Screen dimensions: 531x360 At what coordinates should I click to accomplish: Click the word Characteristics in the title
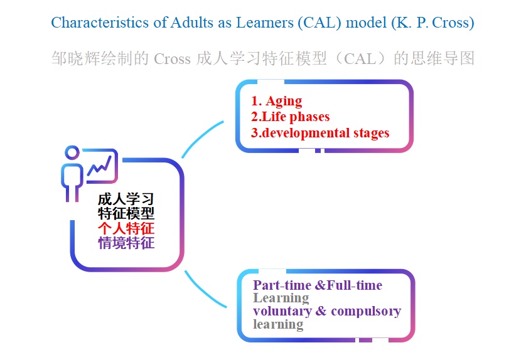100,23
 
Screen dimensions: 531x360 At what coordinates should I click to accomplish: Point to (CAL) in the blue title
319,23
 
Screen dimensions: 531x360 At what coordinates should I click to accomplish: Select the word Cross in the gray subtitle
172,59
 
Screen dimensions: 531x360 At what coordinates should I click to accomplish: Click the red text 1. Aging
276,101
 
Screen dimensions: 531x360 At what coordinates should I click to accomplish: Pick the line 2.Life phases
290,117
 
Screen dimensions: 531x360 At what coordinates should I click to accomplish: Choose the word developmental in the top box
306,133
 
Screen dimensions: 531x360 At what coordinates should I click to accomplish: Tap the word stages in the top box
371,134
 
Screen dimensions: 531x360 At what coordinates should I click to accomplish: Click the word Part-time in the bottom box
282,285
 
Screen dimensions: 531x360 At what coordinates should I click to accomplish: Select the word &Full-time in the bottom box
348,285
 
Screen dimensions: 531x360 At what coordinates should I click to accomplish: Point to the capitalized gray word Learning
281,299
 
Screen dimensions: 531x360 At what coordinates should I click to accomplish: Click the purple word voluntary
282,311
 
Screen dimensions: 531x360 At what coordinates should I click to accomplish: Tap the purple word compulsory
366,311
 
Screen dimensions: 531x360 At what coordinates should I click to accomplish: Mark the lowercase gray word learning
278,324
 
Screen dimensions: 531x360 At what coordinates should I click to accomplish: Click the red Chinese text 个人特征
126,228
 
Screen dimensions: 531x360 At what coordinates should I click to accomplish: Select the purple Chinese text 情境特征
126,243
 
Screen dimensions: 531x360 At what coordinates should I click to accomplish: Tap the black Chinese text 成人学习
126,199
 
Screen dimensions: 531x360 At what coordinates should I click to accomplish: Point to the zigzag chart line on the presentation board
99,166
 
